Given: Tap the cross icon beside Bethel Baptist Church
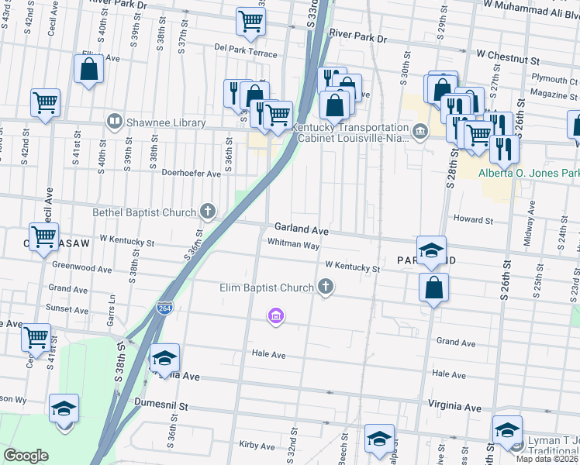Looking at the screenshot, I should click(x=207, y=211).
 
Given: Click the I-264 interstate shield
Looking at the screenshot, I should click(x=164, y=308).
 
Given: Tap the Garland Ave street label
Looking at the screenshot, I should click(x=301, y=229).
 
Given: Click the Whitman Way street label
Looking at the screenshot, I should click(x=293, y=244).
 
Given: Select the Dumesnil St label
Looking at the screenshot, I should click(x=161, y=405).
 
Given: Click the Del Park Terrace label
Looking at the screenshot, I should click(x=246, y=54).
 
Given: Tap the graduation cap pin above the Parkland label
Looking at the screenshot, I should click(x=431, y=250).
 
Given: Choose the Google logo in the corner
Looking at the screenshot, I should click(x=26, y=455).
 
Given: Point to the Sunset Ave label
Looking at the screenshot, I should click(x=67, y=308).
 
